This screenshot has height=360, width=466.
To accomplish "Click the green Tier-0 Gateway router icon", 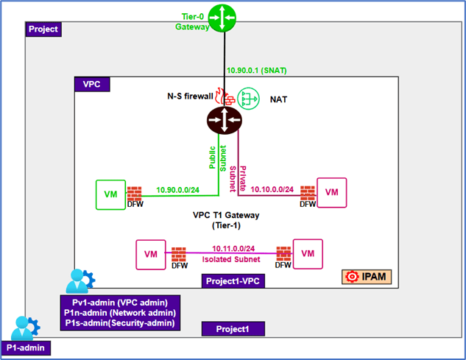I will pos(220,17).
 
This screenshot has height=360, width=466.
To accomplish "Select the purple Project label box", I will pos(43,29).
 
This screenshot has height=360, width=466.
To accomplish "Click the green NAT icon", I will pos(252,96).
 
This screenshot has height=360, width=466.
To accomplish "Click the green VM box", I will pos(110,194).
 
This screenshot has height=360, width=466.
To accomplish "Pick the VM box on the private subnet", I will pos(332,193).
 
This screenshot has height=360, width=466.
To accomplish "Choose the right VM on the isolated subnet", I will pos(308,253).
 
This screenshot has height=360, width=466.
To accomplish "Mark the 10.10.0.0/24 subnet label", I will pos(272,189).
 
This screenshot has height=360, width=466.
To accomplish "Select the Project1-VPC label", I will pos(235,281).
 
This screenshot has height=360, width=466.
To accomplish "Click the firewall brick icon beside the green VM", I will pos(135,194).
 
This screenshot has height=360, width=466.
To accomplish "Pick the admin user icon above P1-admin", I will pos(24,327).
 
